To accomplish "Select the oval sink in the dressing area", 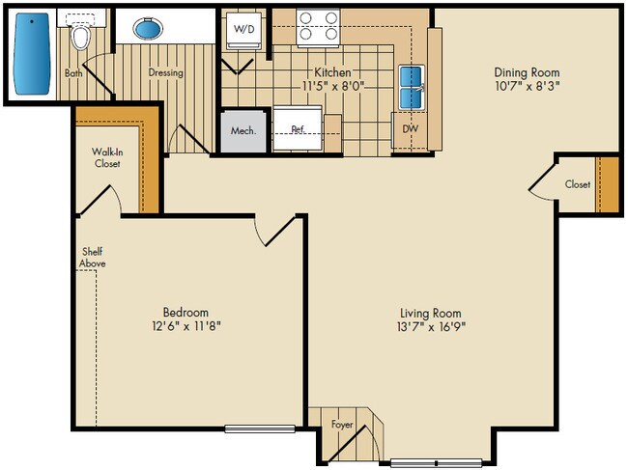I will click(x=148, y=30).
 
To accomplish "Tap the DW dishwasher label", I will click(x=411, y=126).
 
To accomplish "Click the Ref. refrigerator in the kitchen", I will click(x=299, y=128).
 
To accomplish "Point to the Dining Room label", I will click(x=527, y=72).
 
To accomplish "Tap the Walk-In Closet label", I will click(x=106, y=157).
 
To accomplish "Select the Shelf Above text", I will click(x=94, y=258).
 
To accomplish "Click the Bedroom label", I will click(x=186, y=312).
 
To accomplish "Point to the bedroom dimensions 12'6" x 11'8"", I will click(x=186, y=326).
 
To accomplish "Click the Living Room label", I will click(x=431, y=313).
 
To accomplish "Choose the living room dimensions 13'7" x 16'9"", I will click(x=431, y=327).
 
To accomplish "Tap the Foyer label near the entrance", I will click(x=342, y=425).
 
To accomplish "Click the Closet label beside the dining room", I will click(x=578, y=183).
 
